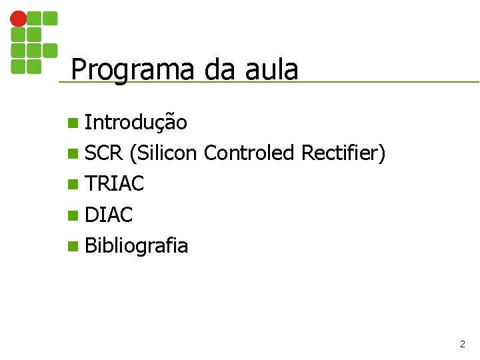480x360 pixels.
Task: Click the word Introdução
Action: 136,122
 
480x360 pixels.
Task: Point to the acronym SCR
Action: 104,153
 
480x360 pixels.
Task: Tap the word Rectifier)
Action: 343,153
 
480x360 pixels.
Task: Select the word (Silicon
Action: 164,153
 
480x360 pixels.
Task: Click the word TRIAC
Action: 115,184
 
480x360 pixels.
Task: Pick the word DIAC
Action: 109,215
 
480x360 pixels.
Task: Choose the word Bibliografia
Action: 137,246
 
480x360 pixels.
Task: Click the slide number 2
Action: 462,345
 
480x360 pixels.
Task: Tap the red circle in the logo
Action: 19,19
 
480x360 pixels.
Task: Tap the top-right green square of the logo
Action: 50,19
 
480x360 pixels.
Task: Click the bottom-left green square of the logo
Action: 19,66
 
